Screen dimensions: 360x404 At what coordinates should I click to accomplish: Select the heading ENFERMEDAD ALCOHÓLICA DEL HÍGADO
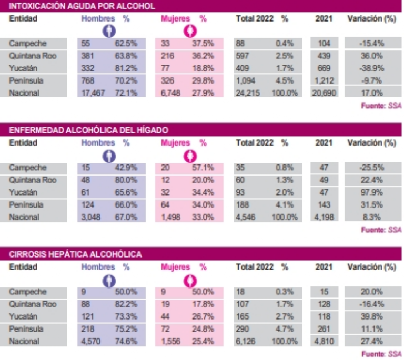[x=88, y=130]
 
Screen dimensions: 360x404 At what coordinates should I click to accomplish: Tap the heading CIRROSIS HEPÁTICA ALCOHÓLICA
[x=75, y=254]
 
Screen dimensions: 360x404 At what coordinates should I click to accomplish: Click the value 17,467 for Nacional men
[x=92, y=92]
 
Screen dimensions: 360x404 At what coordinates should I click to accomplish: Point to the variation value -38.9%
[x=371, y=68]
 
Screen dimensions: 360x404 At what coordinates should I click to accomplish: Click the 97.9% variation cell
[x=371, y=192]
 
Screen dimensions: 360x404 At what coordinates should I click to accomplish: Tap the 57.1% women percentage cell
[x=203, y=168]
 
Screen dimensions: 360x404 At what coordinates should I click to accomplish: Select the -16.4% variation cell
[x=371, y=304]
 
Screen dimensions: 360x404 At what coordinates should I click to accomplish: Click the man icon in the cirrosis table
[x=109, y=280]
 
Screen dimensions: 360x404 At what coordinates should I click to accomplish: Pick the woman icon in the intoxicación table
[x=187, y=32]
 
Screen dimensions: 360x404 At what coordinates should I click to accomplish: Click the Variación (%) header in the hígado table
[x=371, y=143]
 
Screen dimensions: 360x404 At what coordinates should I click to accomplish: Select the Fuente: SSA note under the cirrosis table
[x=381, y=354]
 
